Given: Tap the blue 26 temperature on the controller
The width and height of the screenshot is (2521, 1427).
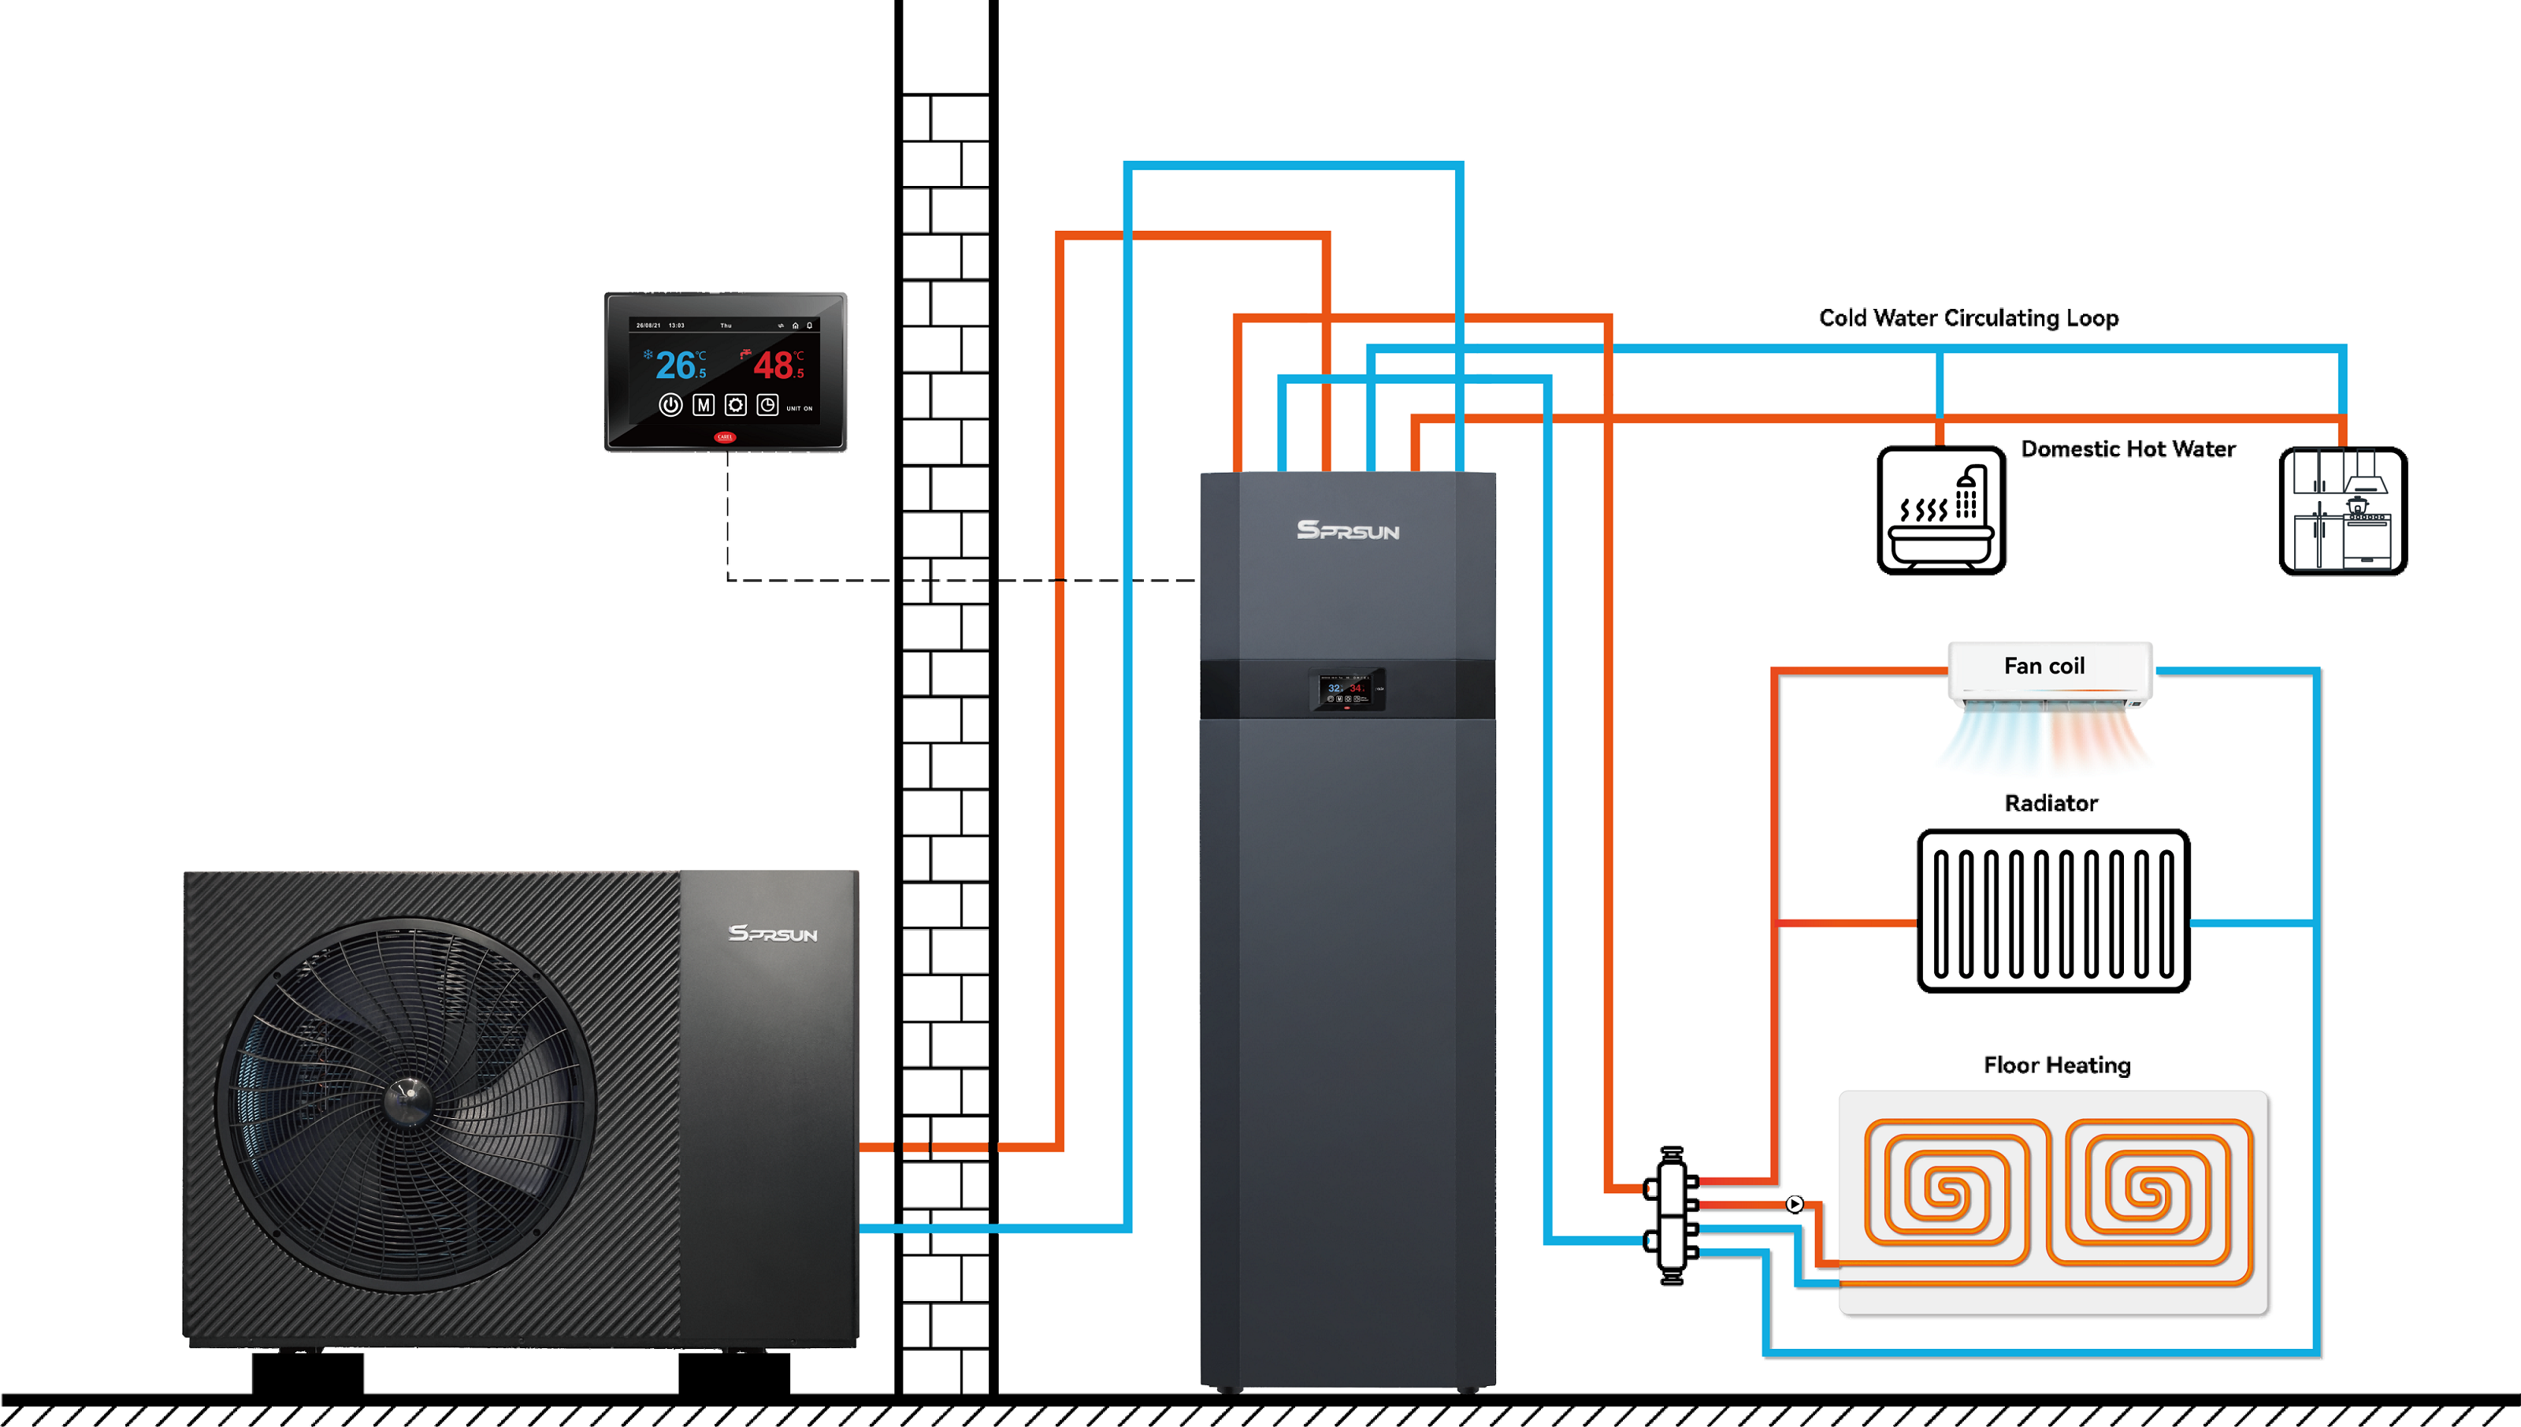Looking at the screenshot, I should tap(676, 366).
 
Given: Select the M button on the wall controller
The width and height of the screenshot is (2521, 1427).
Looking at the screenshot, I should tap(703, 405).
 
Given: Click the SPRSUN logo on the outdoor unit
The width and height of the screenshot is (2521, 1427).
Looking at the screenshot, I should tap(773, 933).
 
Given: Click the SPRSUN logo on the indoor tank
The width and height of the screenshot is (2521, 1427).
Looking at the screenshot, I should tap(1348, 530).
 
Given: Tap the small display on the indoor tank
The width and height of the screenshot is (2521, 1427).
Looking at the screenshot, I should tap(1346, 689).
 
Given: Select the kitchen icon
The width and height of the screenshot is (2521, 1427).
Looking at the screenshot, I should tap(2343, 511).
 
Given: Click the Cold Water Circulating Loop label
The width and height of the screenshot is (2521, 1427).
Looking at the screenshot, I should tap(1969, 318).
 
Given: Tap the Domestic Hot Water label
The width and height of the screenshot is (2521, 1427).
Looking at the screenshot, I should tap(2128, 449).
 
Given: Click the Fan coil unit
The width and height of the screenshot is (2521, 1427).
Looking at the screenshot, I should tap(2050, 674).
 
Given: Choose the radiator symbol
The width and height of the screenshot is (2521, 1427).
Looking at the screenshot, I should tap(2053, 912).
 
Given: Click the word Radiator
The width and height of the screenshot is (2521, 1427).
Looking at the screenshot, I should tap(2051, 803).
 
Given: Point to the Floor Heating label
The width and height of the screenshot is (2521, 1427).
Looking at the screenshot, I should tap(2056, 1065).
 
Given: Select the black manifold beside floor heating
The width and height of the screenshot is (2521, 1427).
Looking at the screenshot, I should tap(1672, 1215).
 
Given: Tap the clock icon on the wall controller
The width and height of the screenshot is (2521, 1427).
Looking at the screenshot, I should tap(767, 405).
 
